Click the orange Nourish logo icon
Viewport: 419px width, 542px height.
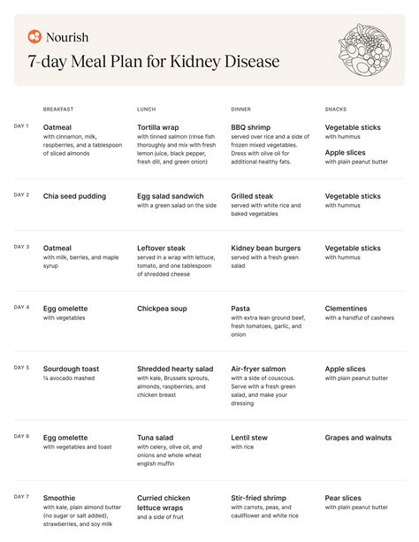pos(34,37)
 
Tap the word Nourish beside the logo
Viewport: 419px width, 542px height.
pos(68,37)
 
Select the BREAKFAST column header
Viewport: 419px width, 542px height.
pos(58,110)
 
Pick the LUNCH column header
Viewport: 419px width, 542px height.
pos(146,110)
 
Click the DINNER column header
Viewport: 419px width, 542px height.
pos(240,110)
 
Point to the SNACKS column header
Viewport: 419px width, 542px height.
pos(337,110)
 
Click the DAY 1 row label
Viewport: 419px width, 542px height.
pos(21,126)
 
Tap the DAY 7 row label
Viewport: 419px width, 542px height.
pos(21,496)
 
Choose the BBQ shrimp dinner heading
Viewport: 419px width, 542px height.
pos(251,127)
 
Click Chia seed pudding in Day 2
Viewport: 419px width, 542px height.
pos(74,196)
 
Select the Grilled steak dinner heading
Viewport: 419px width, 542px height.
pos(256,196)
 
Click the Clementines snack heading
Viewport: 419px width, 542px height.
pos(347,309)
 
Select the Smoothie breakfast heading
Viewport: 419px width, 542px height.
pos(59,498)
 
